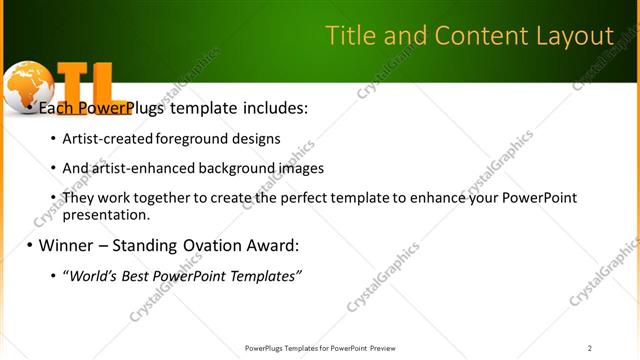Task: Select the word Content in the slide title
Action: click(x=471, y=37)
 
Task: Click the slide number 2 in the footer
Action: click(x=590, y=348)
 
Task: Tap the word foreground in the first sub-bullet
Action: click(x=190, y=139)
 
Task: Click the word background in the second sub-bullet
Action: click(x=233, y=169)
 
